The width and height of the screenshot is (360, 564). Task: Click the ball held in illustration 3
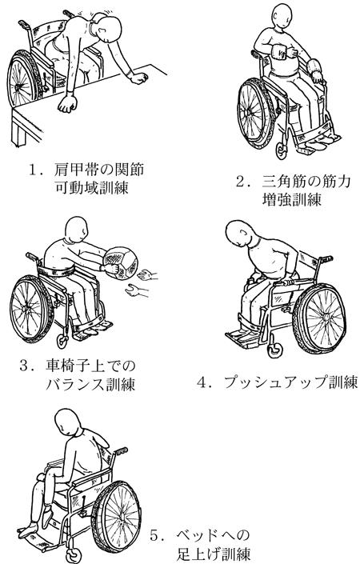pos(120,262)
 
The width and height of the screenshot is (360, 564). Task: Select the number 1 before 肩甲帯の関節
pos(34,170)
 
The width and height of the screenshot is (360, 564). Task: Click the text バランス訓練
pos(90,384)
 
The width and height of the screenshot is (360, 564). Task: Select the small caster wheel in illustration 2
pos(282,151)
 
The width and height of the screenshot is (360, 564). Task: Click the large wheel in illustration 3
pos(30,309)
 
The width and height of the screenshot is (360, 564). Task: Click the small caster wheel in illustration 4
pos(274,350)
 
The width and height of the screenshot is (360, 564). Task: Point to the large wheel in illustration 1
pos(23,79)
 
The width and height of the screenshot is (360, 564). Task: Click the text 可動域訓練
pos(92,187)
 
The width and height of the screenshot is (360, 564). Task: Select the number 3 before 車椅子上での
pos(24,366)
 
